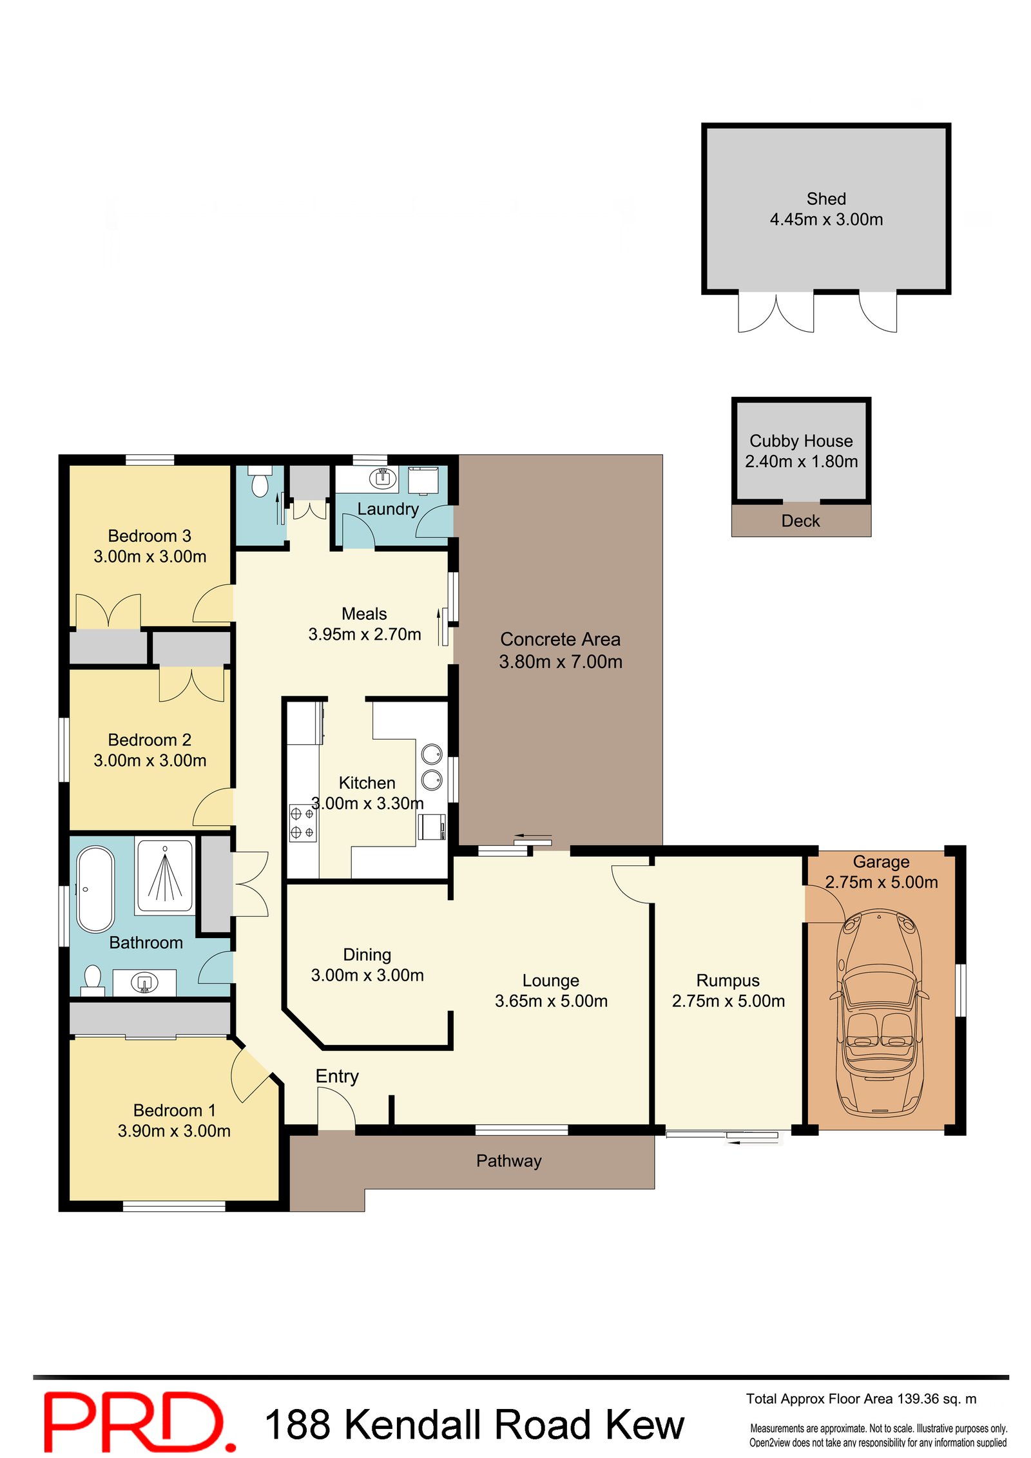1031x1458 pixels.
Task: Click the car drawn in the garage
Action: click(880, 1012)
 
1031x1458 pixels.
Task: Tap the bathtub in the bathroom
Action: click(95, 890)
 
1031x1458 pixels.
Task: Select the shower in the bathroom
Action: click(164, 876)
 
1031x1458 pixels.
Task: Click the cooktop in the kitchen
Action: click(303, 823)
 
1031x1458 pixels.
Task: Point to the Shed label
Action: click(826, 199)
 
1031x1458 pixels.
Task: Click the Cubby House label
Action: click(801, 441)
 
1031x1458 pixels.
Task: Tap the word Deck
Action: click(800, 521)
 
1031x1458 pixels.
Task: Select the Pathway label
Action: click(508, 1161)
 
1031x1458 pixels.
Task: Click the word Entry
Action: click(337, 1077)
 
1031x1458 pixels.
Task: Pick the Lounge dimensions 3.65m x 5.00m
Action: click(551, 1001)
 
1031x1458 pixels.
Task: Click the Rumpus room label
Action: click(728, 981)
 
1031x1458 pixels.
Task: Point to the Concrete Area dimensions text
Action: click(561, 662)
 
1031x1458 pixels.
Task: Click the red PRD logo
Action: click(139, 1422)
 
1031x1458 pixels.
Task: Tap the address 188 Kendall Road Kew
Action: click(474, 1424)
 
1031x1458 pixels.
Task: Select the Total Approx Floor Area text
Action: click(861, 1399)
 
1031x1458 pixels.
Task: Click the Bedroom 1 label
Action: click(174, 1111)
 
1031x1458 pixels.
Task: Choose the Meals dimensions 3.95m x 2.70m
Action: click(365, 635)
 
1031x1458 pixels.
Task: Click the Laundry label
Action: click(388, 509)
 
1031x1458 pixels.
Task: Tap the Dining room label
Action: click(367, 955)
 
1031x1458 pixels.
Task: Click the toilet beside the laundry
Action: click(260, 481)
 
